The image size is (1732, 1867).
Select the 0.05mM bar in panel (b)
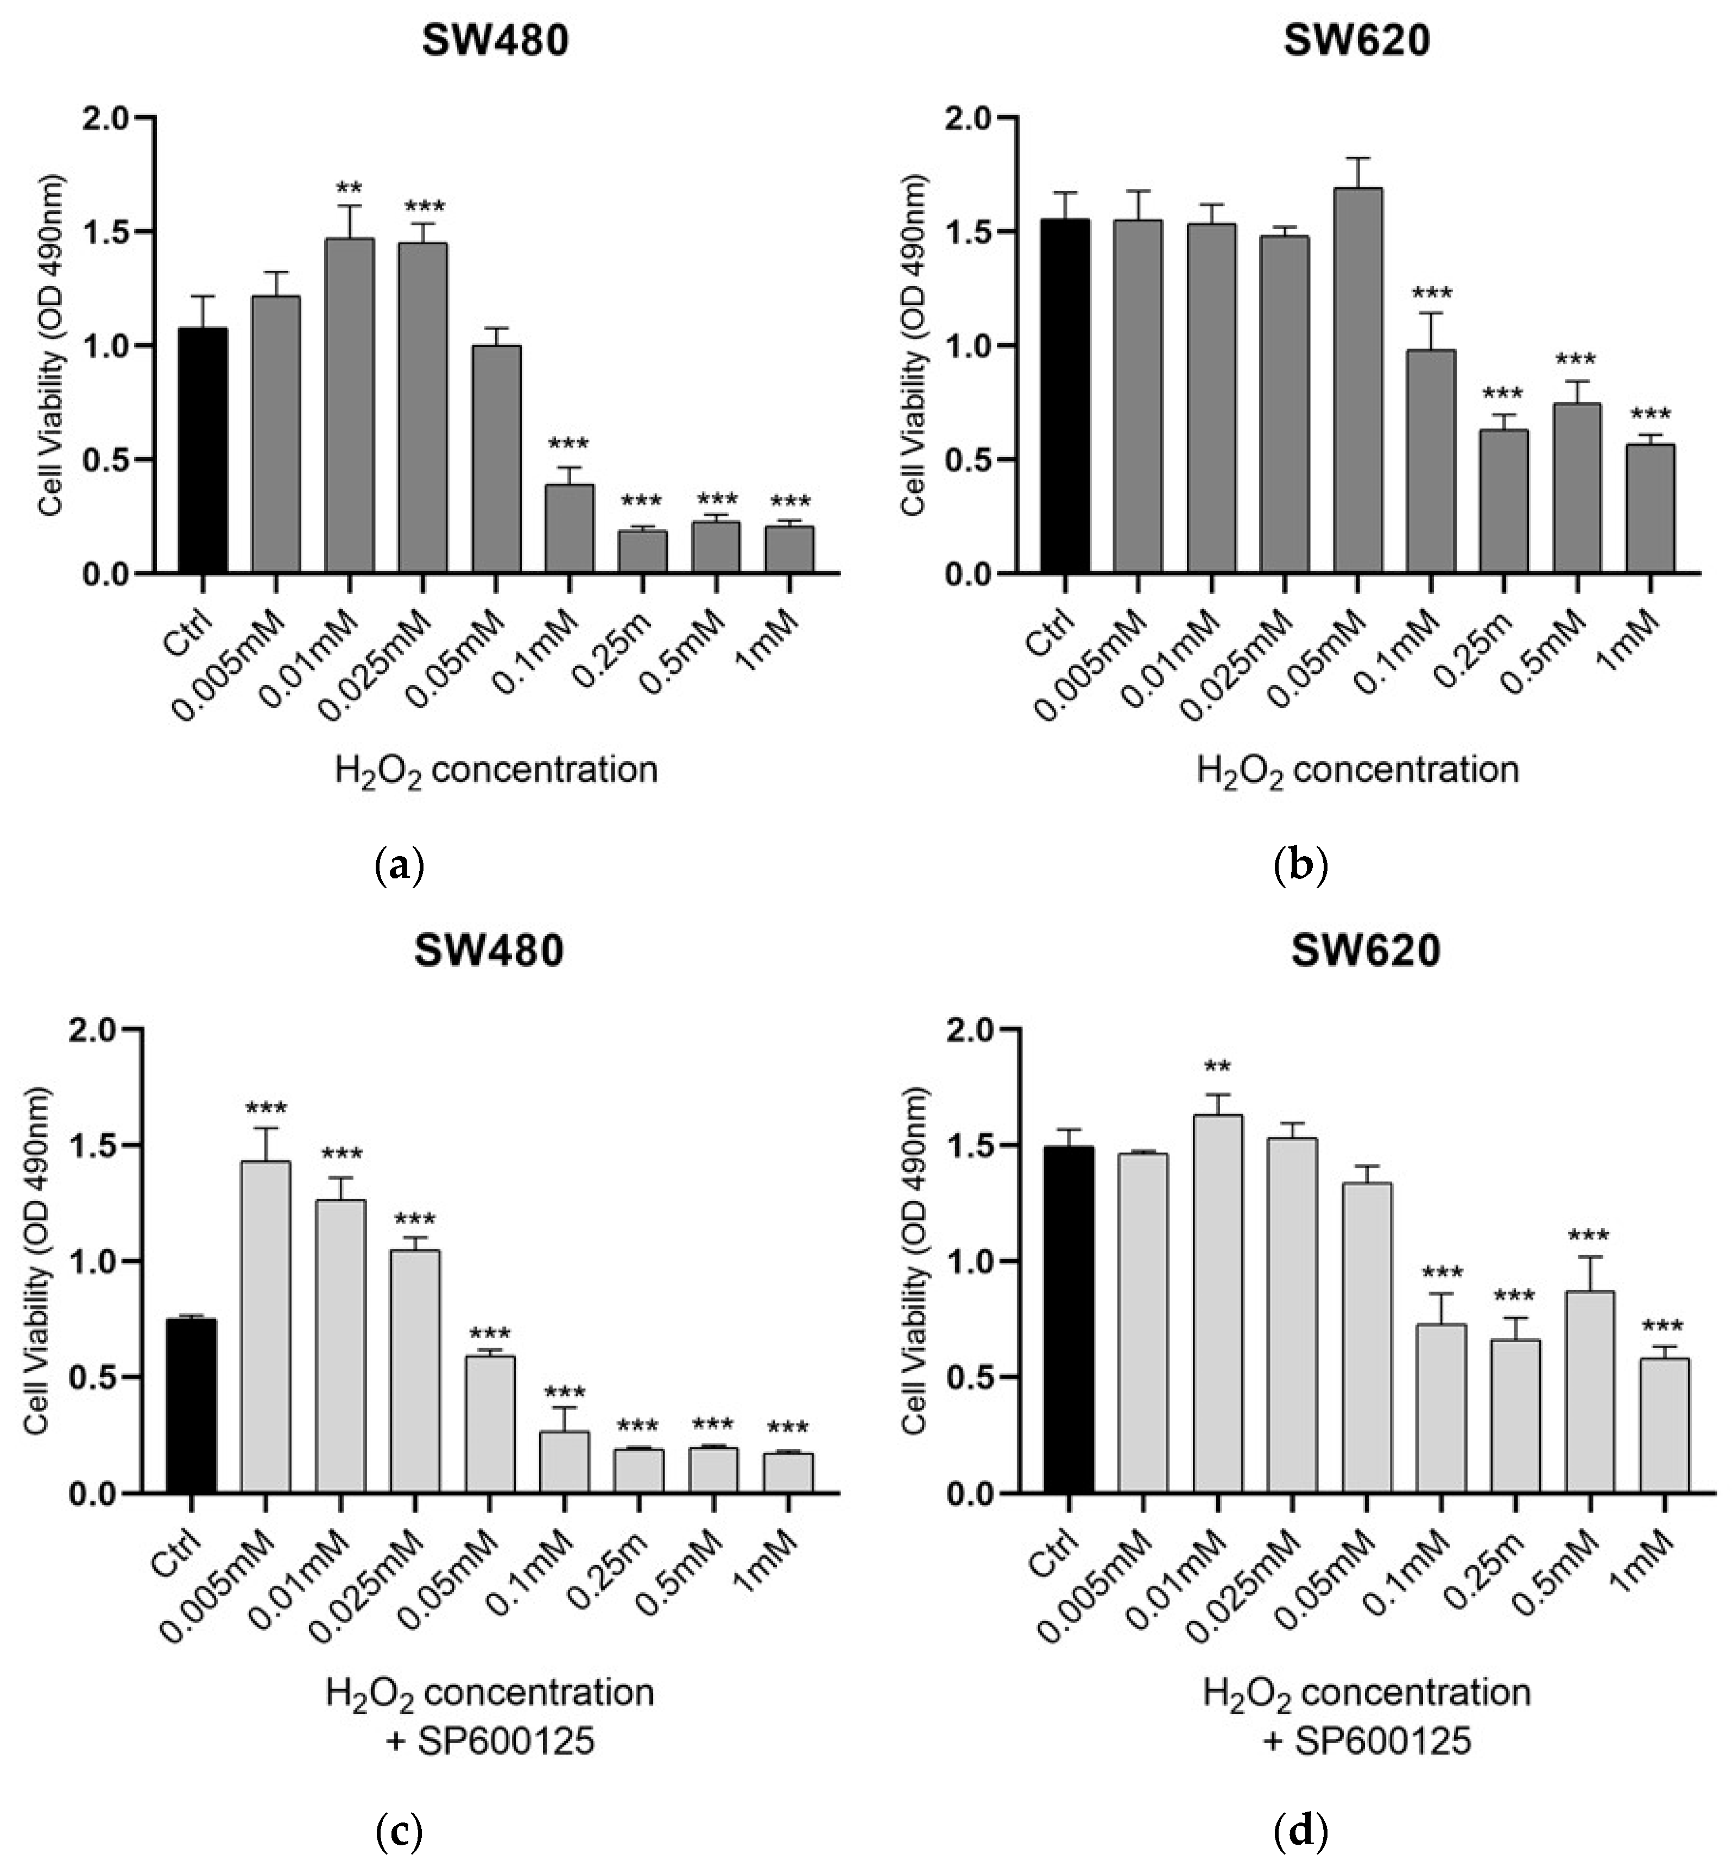(x=1357, y=379)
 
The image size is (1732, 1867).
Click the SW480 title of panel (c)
(x=489, y=951)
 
